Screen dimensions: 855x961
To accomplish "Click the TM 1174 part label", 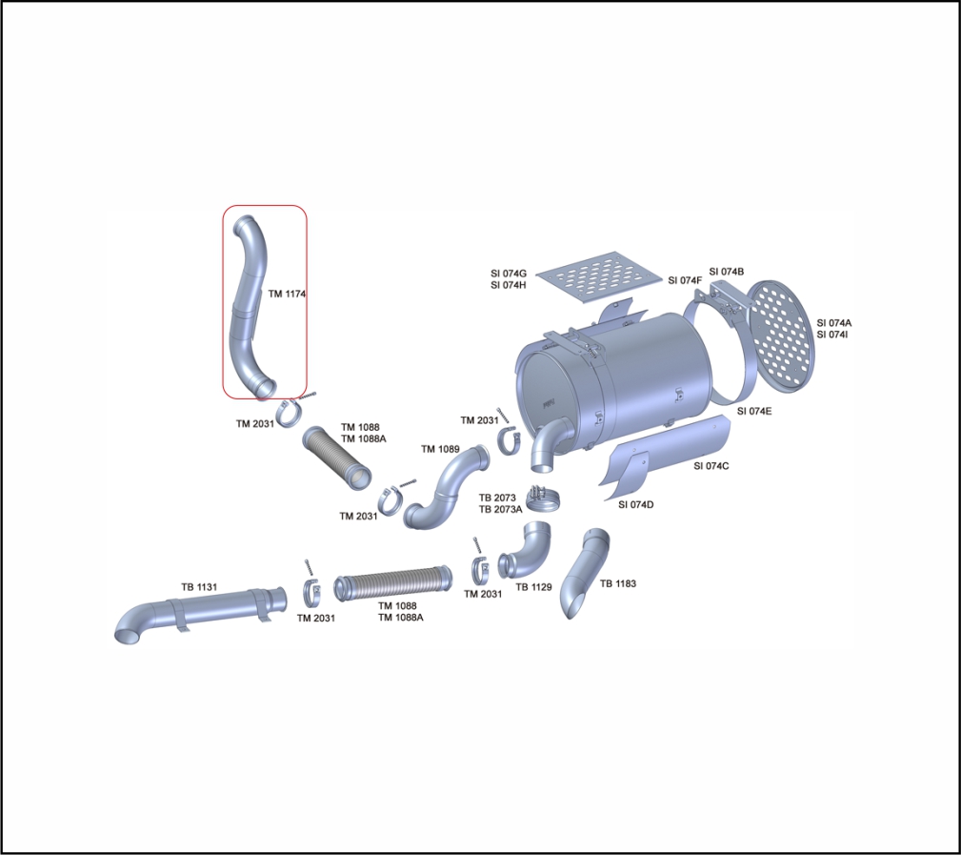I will (x=287, y=294).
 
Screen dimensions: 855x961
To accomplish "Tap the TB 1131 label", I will (x=200, y=587).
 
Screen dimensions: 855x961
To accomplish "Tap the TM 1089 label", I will (x=440, y=449).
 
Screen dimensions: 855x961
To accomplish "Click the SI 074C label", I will (x=711, y=465).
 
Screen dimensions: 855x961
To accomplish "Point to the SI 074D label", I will (x=635, y=504).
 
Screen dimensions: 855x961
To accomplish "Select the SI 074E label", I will (x=754, y=411).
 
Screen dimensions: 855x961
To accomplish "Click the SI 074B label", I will (x=726, y=272).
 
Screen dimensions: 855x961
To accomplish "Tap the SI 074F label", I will (x=685, y=280).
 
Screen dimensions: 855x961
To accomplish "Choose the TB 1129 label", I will (x=533, y=587).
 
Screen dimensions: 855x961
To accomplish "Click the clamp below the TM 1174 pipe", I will (x=292, y=416).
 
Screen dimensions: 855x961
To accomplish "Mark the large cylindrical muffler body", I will (x=619, y=381).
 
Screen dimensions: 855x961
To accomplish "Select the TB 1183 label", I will (x=617, y=583).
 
